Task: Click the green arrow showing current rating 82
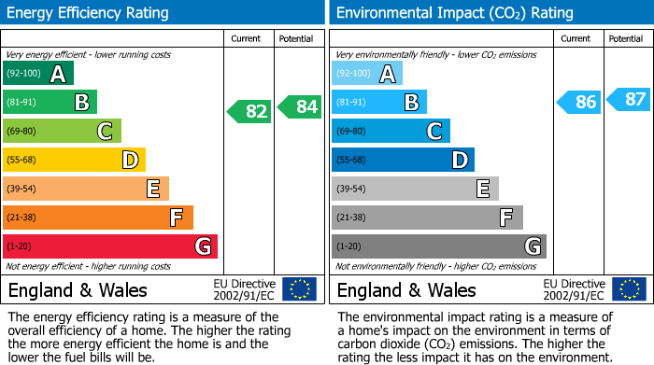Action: [x=249, y=111]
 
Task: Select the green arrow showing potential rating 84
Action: [x=299, y=106]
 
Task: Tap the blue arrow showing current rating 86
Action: [x=578, y=102]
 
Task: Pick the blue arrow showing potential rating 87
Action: [x=628, y=99]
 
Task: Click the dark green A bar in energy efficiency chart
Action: [x=38, y=74]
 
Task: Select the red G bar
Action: [x=109, y=246]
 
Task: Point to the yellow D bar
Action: [x=74, y=160]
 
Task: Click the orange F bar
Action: [x=98, y=218]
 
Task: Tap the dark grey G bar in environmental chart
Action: [x=438, y=246]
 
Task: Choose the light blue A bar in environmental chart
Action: [x=367, y=74]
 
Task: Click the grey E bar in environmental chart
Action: [x=415, y=189]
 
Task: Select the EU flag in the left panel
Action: [x=299, y=289]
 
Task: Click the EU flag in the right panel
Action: [x=628, y=289]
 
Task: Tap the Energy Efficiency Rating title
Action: [x=90, y=13]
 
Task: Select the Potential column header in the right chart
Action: [x=626, y=38]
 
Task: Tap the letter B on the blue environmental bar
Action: [x=410, y=102]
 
